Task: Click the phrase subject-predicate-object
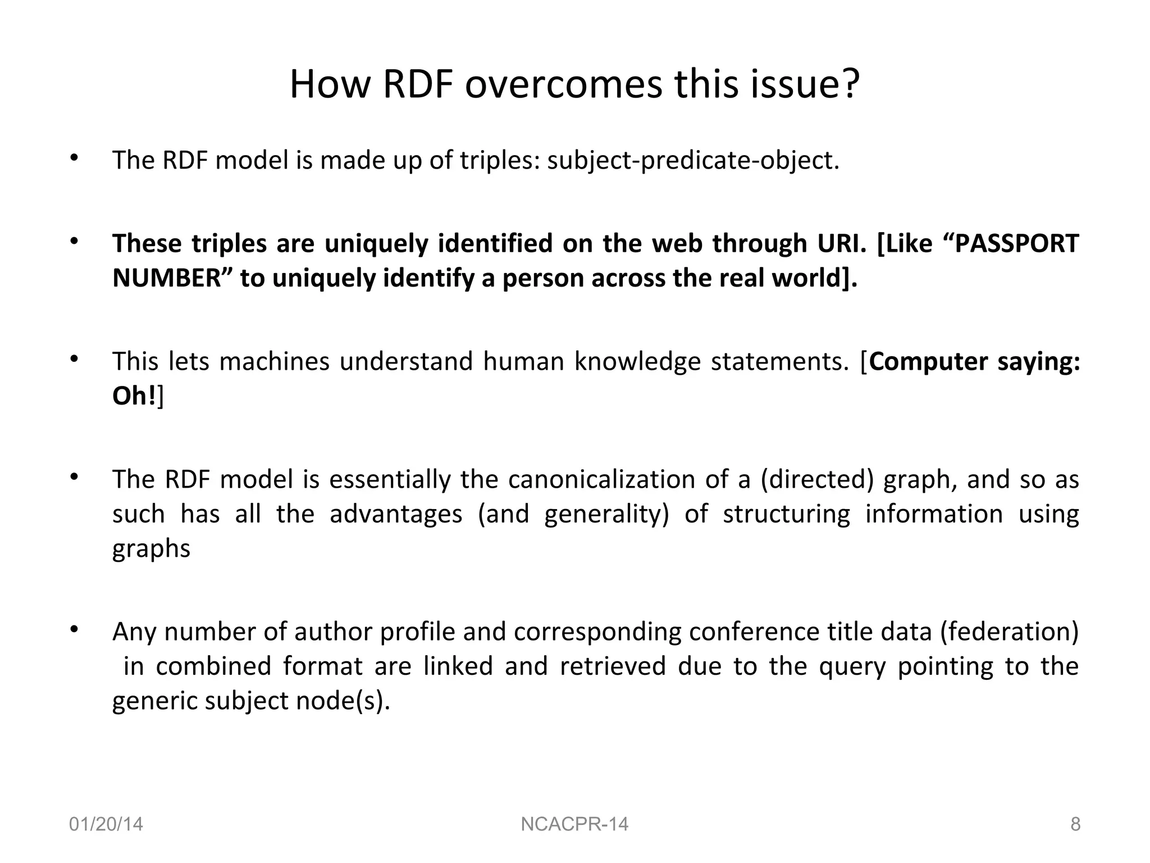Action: pos(693,161)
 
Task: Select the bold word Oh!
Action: pos(134,396)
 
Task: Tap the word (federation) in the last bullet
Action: pos(1010,632)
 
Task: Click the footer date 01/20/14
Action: pos(106,824)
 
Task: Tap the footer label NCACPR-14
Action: pos(574,824)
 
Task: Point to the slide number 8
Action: pos(1075,824)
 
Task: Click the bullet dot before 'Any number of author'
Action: pos(73,629)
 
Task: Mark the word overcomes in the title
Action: pos(563,84)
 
